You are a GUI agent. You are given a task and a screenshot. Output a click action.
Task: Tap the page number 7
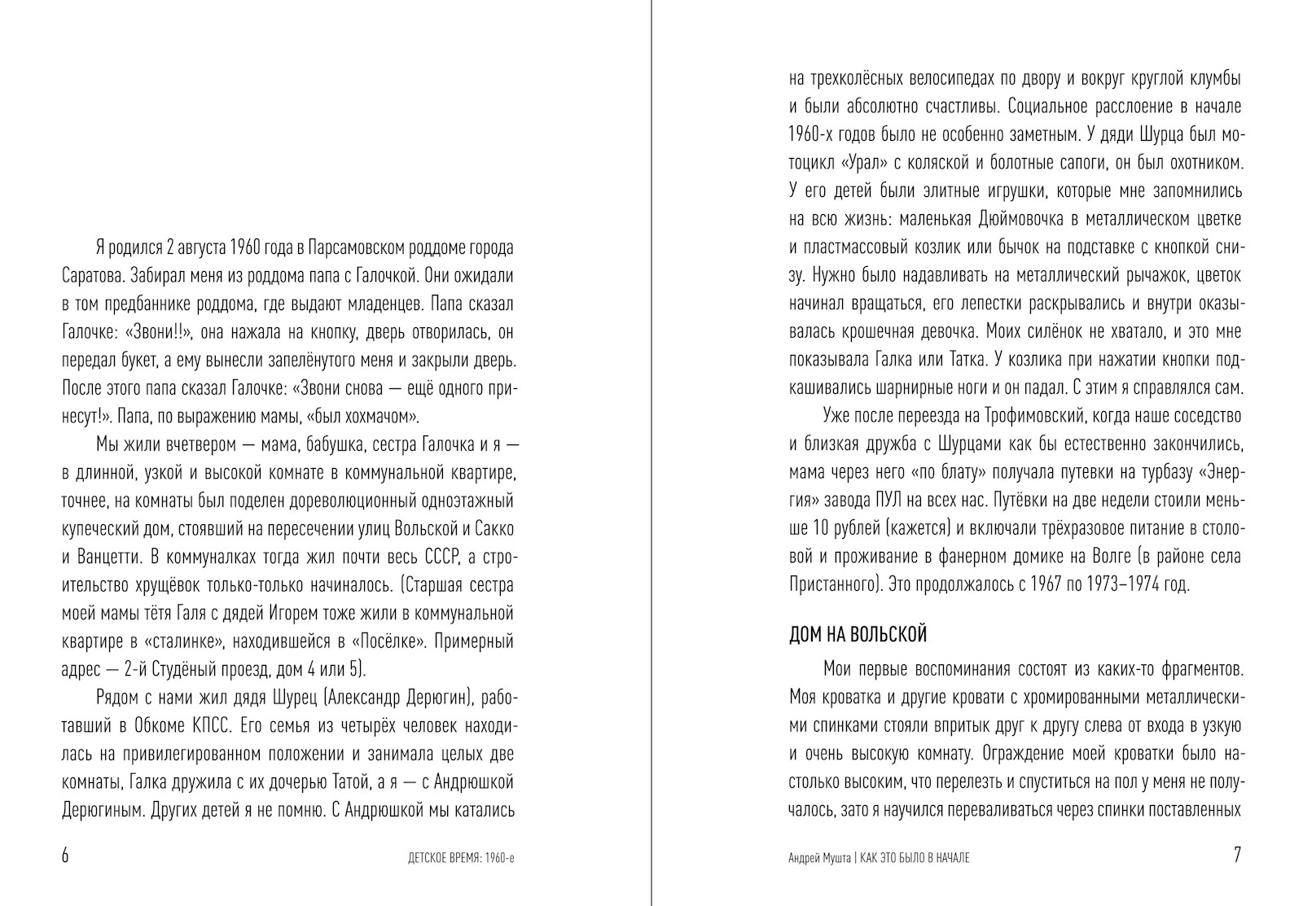pyautogui.click(x=1236, y=856)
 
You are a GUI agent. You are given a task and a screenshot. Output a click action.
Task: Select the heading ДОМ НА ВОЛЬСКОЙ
pyautogui.click(x=858, y=634)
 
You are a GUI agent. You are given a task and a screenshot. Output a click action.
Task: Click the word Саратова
pyautogui.click(x=91, y=275)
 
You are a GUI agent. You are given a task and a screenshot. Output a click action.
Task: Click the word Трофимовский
pyautogui.click(x=1033, y=416)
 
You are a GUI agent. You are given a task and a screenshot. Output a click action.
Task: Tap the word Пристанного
pyautogui.click(x=832, y=584)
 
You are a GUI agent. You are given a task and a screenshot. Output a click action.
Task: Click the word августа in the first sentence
pyautogui.click(x=195, y=247)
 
